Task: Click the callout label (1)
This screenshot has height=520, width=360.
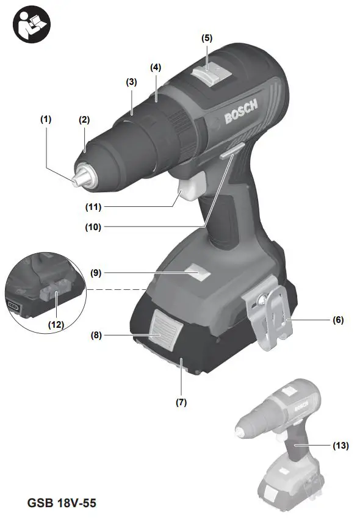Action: (46, 120)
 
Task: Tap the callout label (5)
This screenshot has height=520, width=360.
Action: (207, 37)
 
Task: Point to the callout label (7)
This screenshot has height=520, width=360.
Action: (181, 403)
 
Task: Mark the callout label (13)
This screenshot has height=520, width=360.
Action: (340, 446)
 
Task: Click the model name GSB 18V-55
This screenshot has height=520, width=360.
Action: (62, 504)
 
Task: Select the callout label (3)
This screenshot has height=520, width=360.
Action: (131, 81)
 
